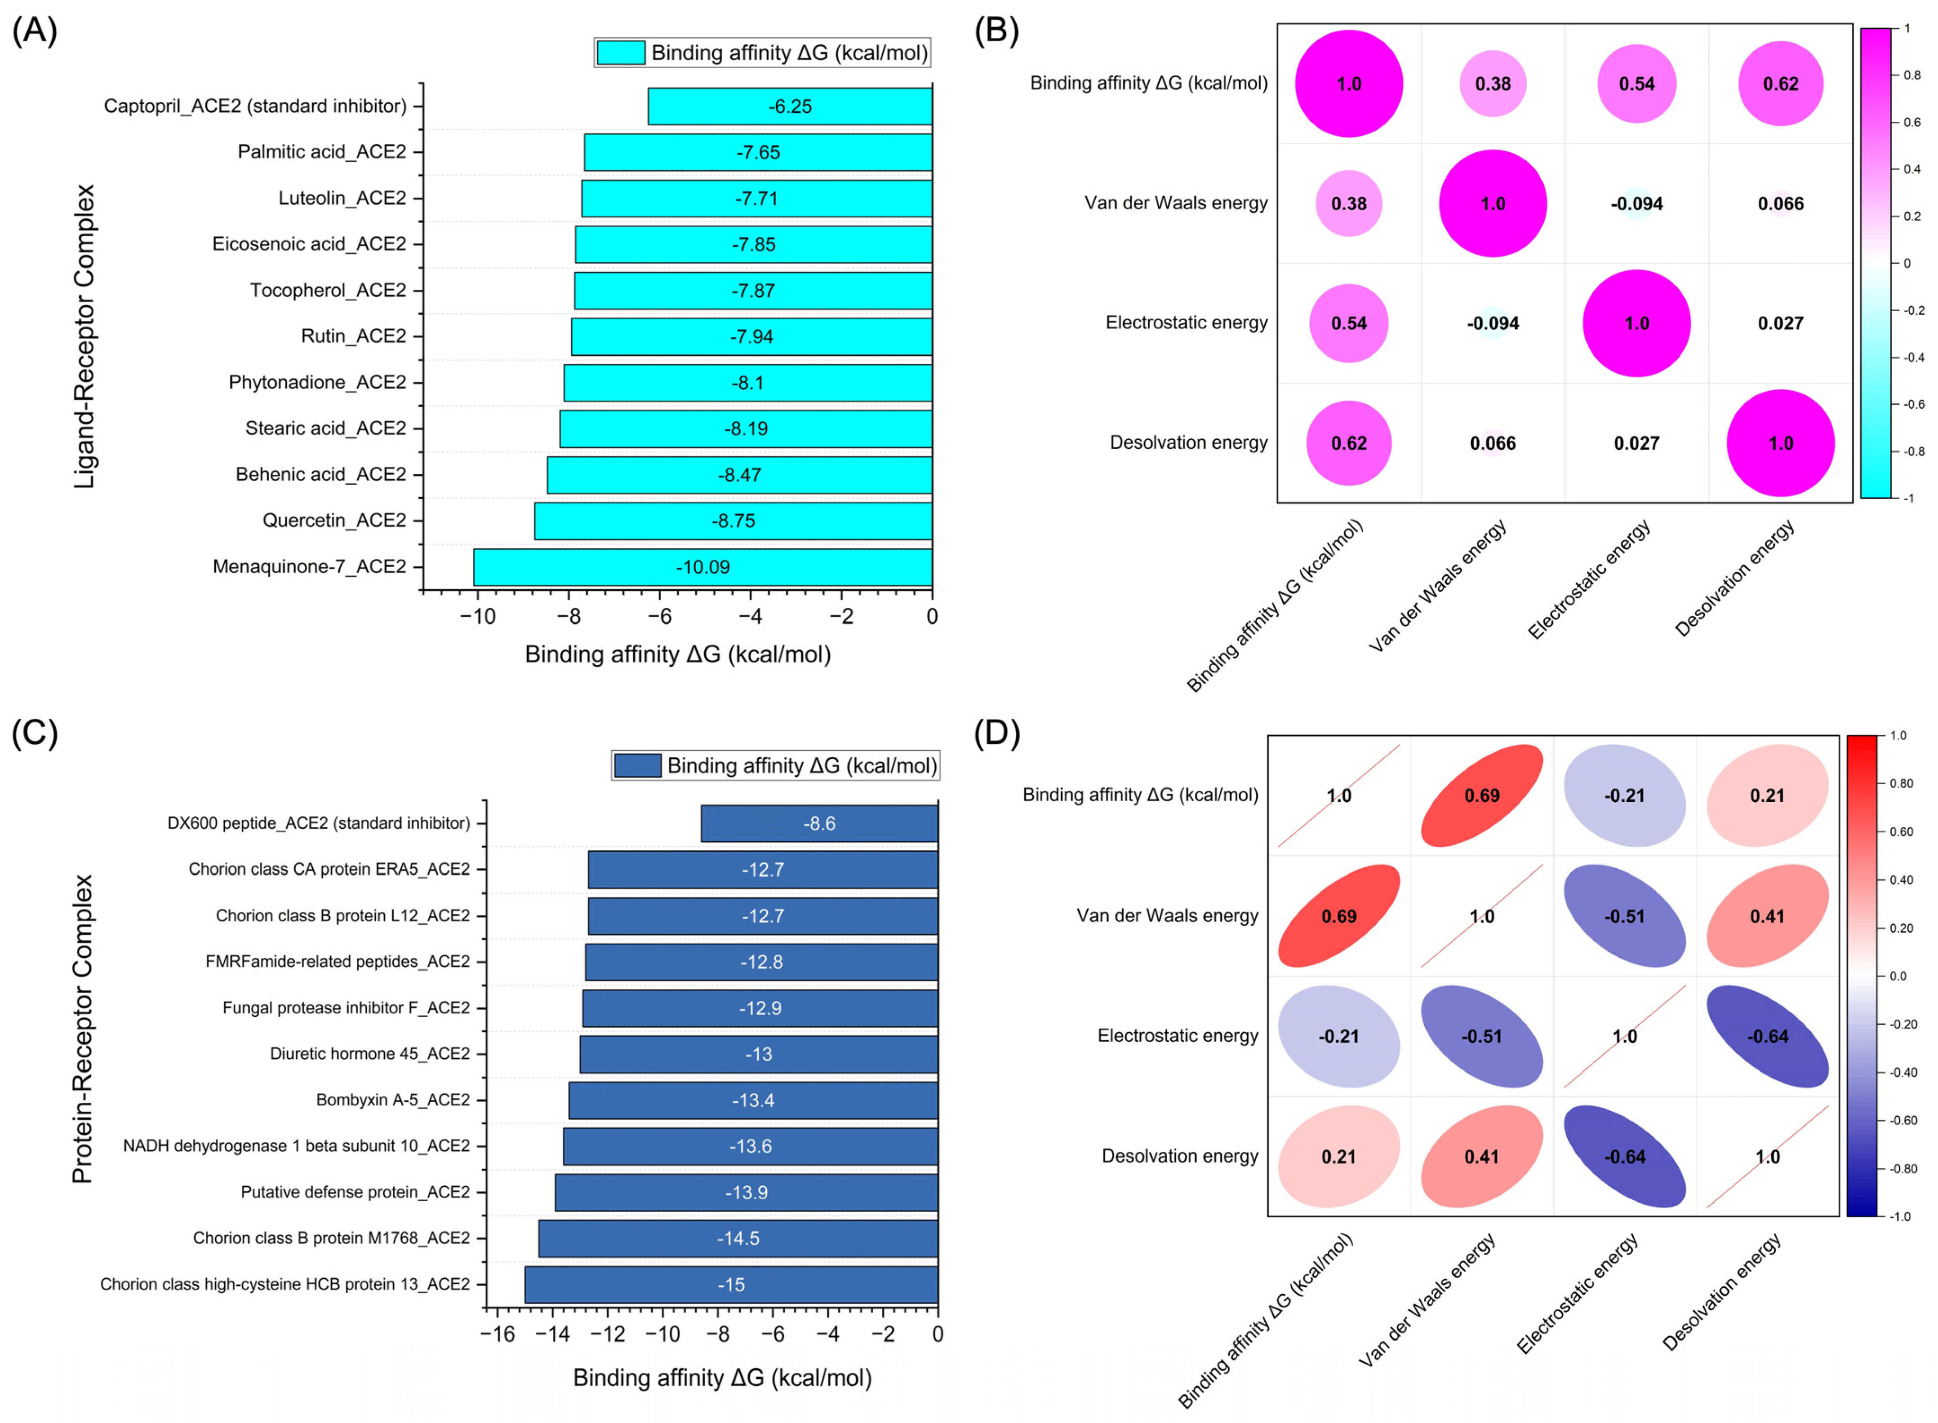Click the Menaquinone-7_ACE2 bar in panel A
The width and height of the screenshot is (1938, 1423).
pos(702,567)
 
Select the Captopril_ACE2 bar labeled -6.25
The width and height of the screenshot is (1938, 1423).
pos(789,106)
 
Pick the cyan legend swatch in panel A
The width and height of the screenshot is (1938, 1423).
pos(620,53)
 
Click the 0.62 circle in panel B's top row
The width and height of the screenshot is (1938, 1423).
pos(1780,84)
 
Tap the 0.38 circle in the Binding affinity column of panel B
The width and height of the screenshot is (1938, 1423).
pos(1349,204)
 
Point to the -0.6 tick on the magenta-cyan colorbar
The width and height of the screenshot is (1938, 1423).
pos(1913,404)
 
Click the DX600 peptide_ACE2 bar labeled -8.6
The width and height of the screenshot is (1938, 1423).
pos(818,823)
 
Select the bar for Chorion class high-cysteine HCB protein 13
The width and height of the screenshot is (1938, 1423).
pos(731,1284)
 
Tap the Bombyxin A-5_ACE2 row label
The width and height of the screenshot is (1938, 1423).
pos(393,1100)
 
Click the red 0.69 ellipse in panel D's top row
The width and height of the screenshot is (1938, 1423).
pos(1481,795)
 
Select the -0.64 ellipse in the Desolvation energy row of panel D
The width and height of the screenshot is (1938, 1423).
pos(1624,1157)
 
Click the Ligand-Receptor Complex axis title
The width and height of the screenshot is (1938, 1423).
pos(84,336)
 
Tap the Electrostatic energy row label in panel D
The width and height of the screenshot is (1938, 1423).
pos(1177,1036)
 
